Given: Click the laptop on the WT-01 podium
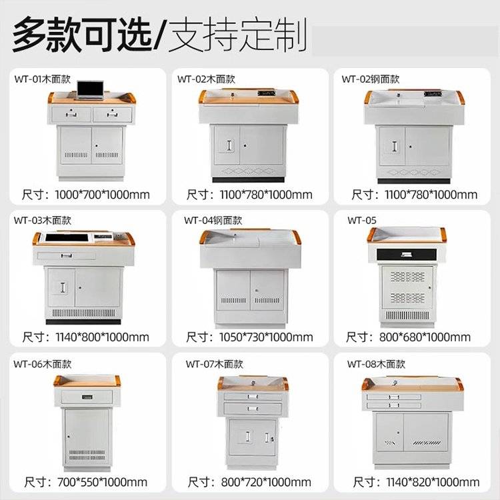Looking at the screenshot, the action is click(91, 90).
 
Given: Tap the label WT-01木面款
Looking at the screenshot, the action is click(43, 79).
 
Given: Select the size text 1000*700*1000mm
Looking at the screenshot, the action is click(102, 195).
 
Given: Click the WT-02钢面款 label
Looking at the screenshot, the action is click(371, 79).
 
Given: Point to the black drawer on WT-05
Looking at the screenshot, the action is click(406, 255).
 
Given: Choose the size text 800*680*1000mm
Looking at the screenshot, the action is click(425, 337).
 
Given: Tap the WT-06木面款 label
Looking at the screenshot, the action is click(43, 364).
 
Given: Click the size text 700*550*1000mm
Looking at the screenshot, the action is click(103, 482).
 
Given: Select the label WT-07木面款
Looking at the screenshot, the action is click(215, 364).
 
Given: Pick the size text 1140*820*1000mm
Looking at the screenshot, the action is click(433, 482).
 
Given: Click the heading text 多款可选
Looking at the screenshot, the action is click(82, 35).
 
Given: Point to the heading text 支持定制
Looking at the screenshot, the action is click(237, 35).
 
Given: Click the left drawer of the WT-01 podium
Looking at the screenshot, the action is click(71, 114).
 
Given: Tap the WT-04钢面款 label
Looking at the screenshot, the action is click(213, 221).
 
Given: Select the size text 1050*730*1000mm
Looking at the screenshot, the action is click(266, 337).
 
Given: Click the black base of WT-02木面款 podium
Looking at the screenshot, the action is click(249, 180).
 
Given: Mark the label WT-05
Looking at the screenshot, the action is click(362, 221).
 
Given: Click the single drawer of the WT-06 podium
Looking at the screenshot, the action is click(87, 397).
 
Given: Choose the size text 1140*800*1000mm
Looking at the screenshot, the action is click(103, 337).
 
